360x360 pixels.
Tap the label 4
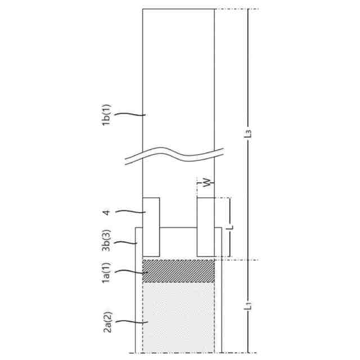tap(107, 212)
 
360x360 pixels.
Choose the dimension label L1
tap(248, 308)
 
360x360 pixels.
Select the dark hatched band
tap(179, 271)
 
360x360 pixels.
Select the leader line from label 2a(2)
tap(132, 323)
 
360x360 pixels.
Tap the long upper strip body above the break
tap(179, 73)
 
